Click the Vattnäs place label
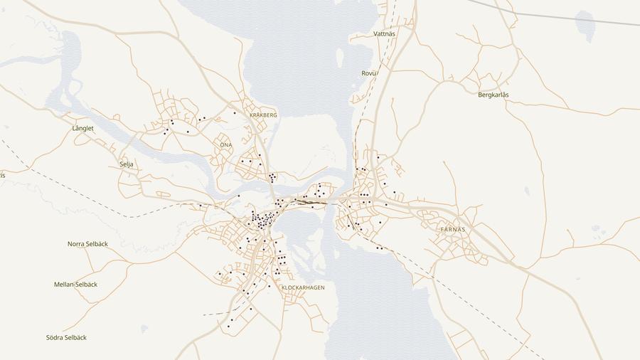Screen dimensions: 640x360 click(x=384, y=33)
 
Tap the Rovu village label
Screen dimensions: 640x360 click(x=368, y=73)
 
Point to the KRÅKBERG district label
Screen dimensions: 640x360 click(x=263, y=115)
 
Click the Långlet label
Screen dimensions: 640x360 click(x=83, y=128)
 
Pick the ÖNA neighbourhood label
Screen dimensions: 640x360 click(x=225, y=144)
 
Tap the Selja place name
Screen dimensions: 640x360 click(x=127, y=164)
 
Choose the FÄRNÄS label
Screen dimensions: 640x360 click(x=453, y=229)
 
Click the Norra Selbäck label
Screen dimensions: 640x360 click(x=87, y=244)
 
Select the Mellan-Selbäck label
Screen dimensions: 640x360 click(x=75, y=285)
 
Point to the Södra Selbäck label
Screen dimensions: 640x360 click(x=66, y=337)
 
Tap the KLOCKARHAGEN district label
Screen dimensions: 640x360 click(x=303, y=287)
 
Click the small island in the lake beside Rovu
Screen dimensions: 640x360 click(x=340, y=58)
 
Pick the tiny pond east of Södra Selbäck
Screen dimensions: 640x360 click(x=144, y=329)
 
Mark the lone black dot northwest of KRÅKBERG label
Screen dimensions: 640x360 click(x=235, y=112)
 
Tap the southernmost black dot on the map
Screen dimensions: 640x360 click(x=228, y=327)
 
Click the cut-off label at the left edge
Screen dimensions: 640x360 click(x=2, y=175)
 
